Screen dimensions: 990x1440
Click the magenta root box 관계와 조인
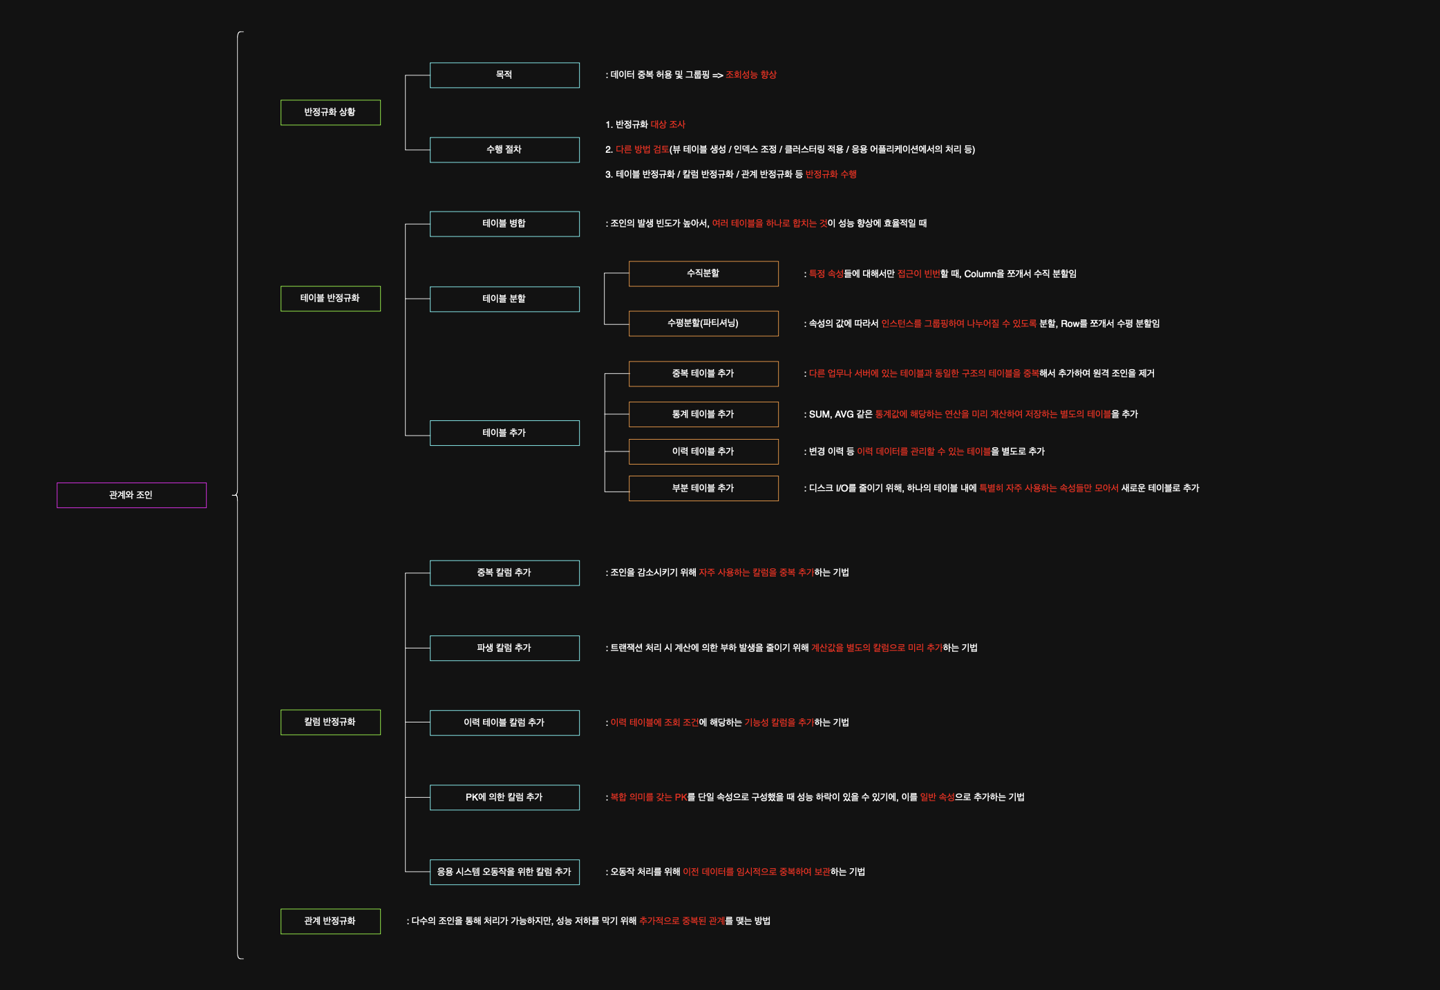[x=131, y=495]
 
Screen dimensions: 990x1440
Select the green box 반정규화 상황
[x=330, y=112]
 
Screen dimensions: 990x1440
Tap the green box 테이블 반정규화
[x=330, y=298]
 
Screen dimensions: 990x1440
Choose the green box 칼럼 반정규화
[x=330, y=722]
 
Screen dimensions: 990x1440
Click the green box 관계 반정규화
[x=330, y=921]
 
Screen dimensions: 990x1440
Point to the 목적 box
[x=504, y=75]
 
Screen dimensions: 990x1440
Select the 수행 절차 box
[x=504, y=149]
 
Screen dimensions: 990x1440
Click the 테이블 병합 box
[x=504, y=223]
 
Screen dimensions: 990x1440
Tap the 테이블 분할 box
[x=504, y=299]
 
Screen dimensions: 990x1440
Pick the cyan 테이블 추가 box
[x=504, y=433]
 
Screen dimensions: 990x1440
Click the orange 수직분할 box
[x=703, y=273]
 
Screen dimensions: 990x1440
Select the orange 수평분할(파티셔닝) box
[x=703, y=323]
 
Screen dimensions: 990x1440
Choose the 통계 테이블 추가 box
[x=703, y=414]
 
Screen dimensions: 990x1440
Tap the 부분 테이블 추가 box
[x=703, y=488]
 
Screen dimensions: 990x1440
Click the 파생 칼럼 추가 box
[x=504, y=648]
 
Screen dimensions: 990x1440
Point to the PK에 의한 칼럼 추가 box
[x=504, y=797]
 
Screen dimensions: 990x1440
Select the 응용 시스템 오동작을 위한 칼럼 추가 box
[x=504, y=872]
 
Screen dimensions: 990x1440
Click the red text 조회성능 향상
[x=751, y=75]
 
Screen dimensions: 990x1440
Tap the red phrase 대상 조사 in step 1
[x=667, y=124]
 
